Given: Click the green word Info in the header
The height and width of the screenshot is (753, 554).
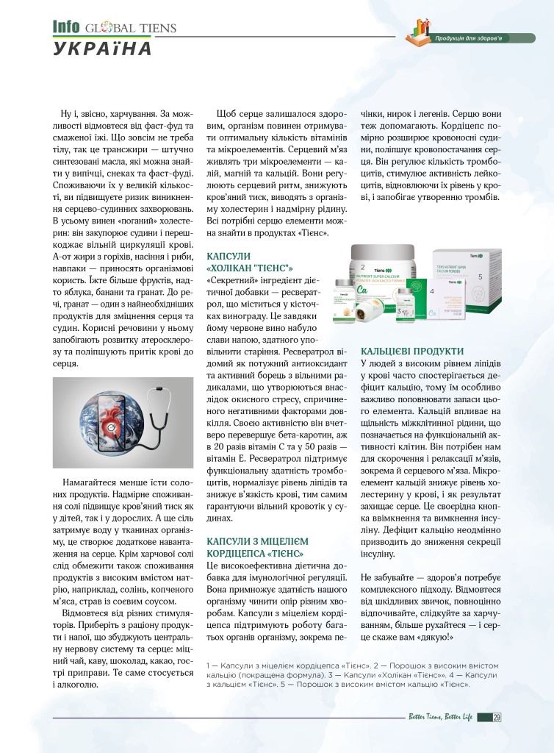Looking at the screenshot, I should pos(65,26).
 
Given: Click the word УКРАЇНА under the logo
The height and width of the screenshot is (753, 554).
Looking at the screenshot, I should pos(102,49).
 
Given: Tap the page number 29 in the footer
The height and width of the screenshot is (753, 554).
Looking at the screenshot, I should pos(497,718).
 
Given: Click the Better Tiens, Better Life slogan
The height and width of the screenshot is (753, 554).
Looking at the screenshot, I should pos(441,718).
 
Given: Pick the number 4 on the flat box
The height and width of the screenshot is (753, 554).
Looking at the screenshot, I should pos(433,291).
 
